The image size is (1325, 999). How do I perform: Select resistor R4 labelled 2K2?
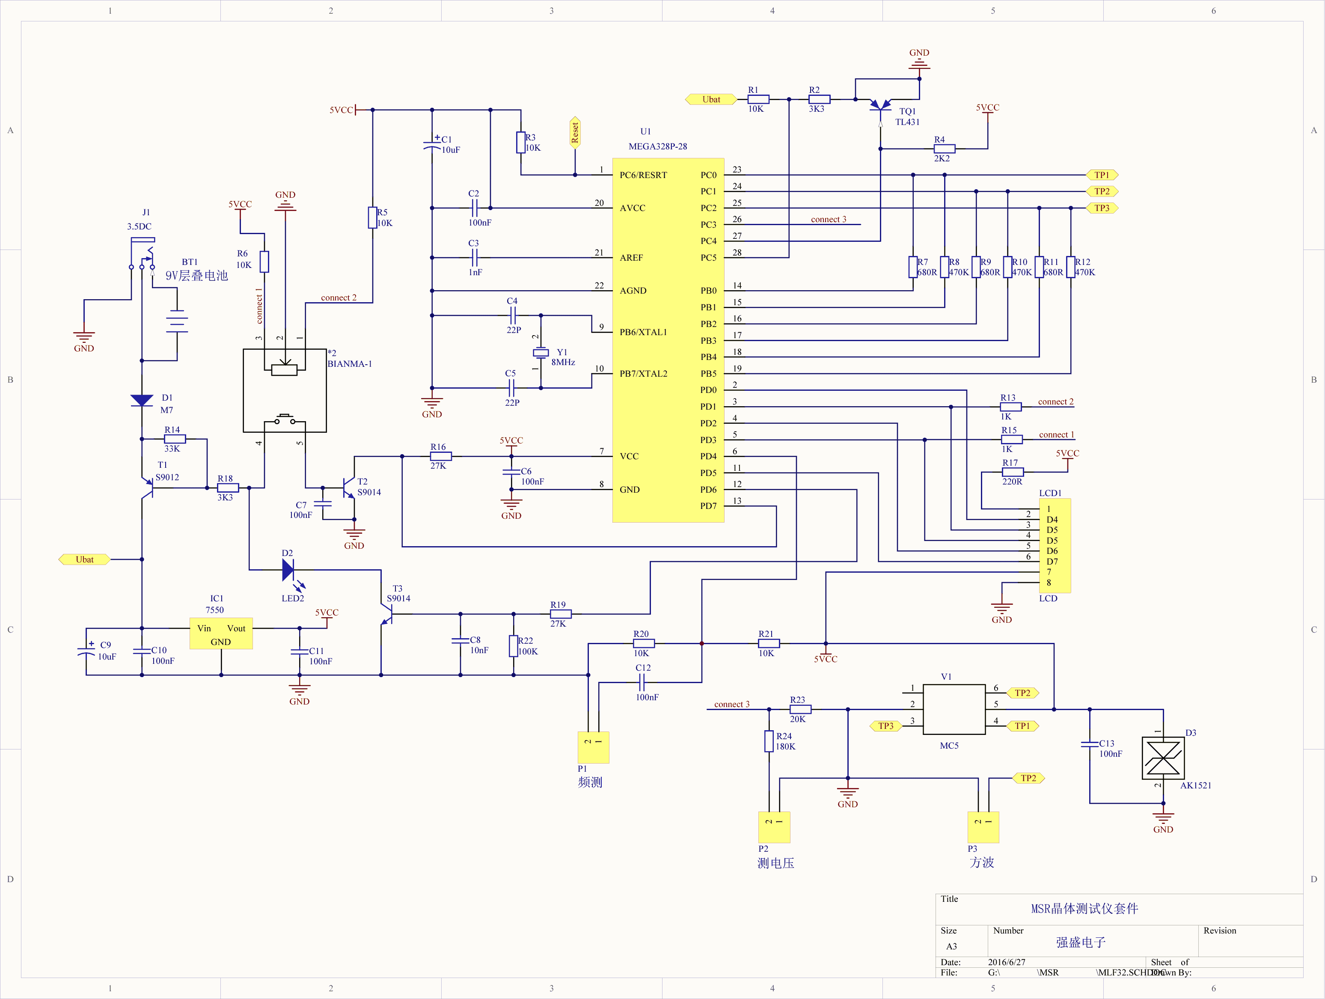coord(945,149)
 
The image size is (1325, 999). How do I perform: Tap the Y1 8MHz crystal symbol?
coord(541,353)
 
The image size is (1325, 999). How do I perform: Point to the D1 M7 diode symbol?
coord(142,400)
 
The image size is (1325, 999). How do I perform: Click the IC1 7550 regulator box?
coord(221,633)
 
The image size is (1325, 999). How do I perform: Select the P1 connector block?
coord(593,747)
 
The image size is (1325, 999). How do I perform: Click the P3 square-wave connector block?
coord(983,827)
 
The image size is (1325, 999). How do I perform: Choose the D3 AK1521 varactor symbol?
coord(1163,758)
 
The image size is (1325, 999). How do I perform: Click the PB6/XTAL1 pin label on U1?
coord(643,333)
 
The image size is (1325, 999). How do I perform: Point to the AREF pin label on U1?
coord(631,258)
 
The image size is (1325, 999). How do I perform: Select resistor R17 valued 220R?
coord(1012,472)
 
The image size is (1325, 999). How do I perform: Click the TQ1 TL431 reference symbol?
coord(880,107)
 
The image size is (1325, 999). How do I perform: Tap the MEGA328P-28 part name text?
coord(658,146)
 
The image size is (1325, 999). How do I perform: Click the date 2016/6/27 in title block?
coord(1006,962)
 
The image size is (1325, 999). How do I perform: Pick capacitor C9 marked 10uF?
coord(87,651)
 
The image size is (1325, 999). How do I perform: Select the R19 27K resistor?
coord(561,614)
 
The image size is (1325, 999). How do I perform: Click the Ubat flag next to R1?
coord(711,99)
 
